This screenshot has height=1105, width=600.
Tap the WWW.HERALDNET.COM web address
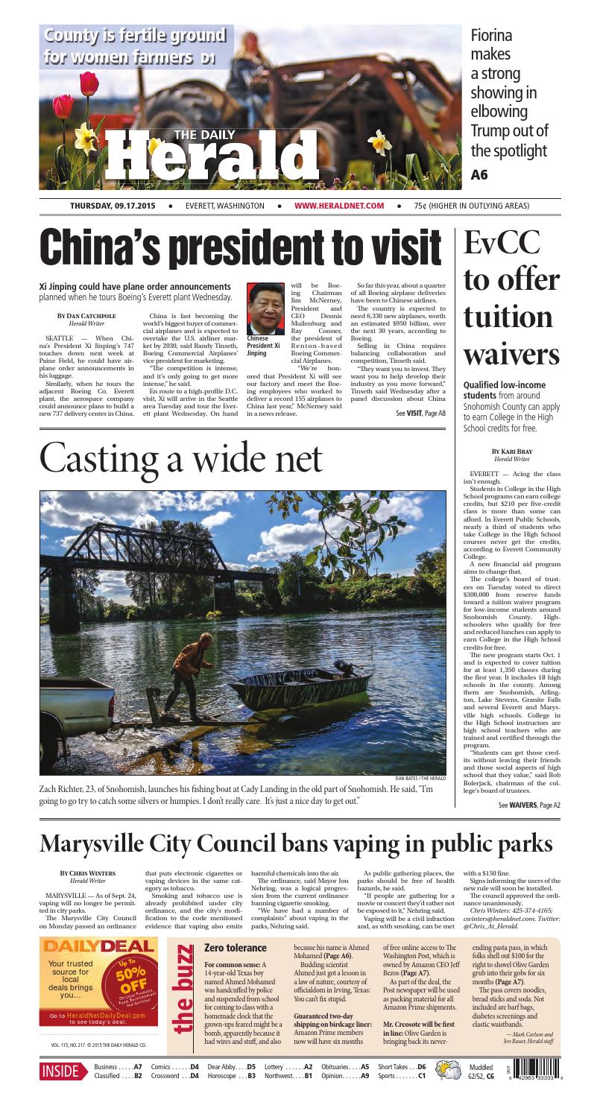coord(339,206)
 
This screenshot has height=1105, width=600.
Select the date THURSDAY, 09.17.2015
coord(113,206)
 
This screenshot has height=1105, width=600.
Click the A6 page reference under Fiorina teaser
coord(479,176)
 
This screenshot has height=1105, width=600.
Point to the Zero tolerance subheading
coord(235,947)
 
